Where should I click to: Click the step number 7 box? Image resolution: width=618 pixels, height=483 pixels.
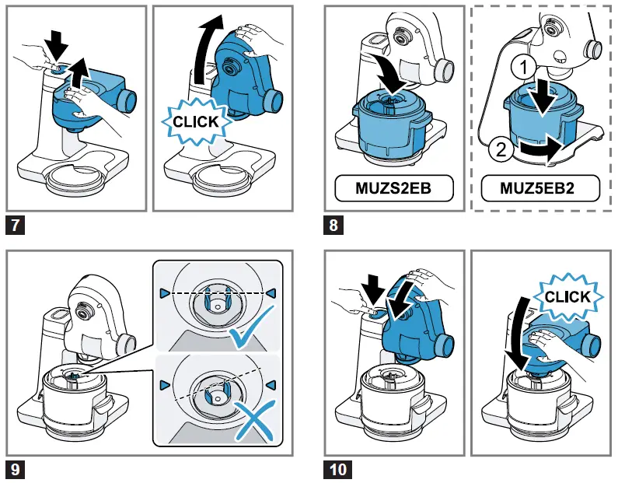point(15,226)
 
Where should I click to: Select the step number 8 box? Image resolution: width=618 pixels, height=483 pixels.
point(335,226)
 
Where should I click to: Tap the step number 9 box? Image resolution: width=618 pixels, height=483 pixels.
point(15,470)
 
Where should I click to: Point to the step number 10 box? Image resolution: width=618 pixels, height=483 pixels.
point(338,470)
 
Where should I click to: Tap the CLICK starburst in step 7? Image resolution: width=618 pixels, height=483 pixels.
point(195,121)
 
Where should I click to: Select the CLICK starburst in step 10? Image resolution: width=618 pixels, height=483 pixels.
point(567,296)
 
